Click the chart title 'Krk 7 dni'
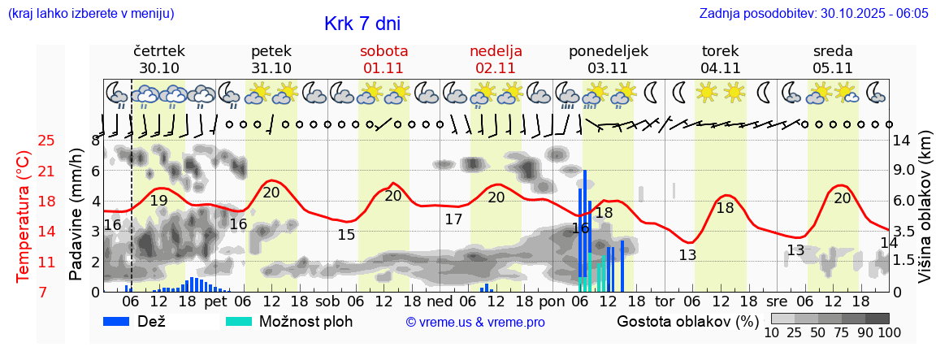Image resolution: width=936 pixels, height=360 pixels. click(x=362, y=24)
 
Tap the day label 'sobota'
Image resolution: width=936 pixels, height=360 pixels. click(x=383, y=51)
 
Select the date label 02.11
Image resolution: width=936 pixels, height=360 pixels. click(x=496, y=68)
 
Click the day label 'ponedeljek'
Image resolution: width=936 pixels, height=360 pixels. click(x=609, y=51)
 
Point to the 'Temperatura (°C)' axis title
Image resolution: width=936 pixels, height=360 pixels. click(x=24, y=217)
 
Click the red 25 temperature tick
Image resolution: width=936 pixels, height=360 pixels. click(x=46, y=141)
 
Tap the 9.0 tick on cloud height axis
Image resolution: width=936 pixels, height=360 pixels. click(x=903, y=171)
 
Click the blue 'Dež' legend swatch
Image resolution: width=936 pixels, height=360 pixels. click(x=122, y=321)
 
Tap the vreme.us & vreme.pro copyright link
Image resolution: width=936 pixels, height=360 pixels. click(x=475, y=323)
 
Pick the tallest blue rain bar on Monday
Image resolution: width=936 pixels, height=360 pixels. click(x=584, y=230)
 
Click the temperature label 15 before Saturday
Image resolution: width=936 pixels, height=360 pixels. click(x=346, y=235)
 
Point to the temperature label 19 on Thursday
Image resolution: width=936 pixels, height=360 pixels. click(x=159, y=201)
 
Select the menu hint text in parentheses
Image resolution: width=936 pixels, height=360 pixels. click(x=90, y=14)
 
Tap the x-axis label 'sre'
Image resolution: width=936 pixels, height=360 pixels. click(x=788, y=301)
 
